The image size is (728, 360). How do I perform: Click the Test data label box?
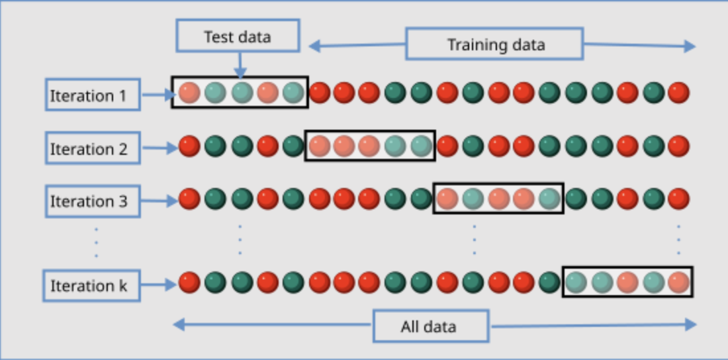pos(238,35)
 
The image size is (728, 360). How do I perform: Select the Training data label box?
pos(494,44)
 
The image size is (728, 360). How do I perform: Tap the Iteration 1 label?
pos(93,95)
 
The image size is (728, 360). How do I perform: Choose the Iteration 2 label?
pos(93,148)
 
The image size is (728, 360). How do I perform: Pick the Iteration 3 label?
pos(93,201)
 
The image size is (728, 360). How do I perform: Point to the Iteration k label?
pos(91,285)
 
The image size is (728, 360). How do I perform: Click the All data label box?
pos(431,326)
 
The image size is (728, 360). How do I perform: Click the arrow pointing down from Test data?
pos(240,65)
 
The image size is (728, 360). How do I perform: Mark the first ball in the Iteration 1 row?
pos(189,93)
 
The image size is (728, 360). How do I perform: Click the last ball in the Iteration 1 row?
pos(678,93)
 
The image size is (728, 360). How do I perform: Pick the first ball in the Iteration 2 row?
pos(189,146)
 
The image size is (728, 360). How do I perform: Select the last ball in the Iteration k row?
pos(678,283)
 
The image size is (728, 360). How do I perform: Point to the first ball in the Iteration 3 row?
pos(189,199)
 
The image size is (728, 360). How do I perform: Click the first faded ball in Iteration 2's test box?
pos(320,146)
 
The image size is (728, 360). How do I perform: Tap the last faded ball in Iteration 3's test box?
pos(550,199)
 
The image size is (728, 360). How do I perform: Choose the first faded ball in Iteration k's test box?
pos(576,283)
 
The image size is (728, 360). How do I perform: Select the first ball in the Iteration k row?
pos(189,283)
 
